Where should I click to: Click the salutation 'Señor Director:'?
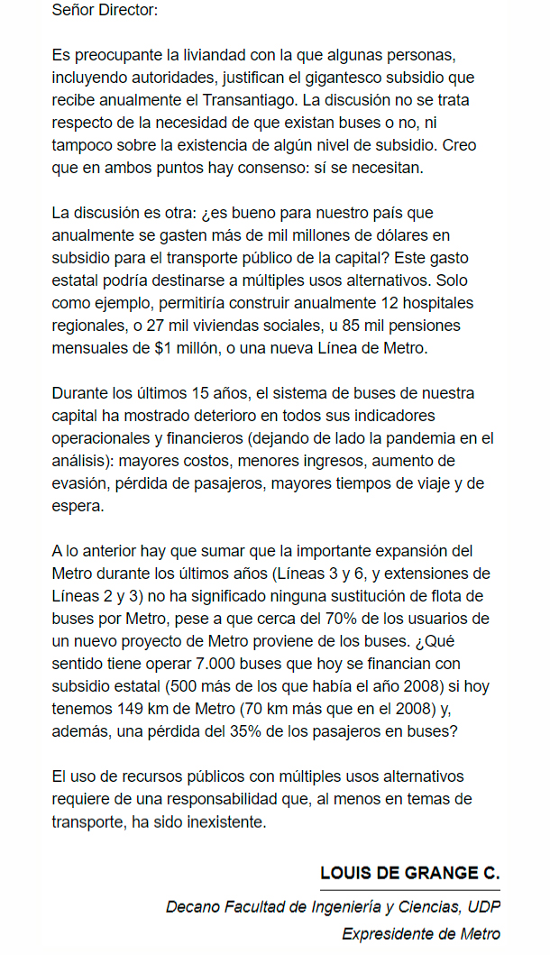[105, 12]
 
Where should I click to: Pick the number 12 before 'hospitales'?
[390, 303]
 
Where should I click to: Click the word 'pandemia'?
[429, 438]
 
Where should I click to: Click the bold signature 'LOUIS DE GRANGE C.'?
[409, 873]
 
